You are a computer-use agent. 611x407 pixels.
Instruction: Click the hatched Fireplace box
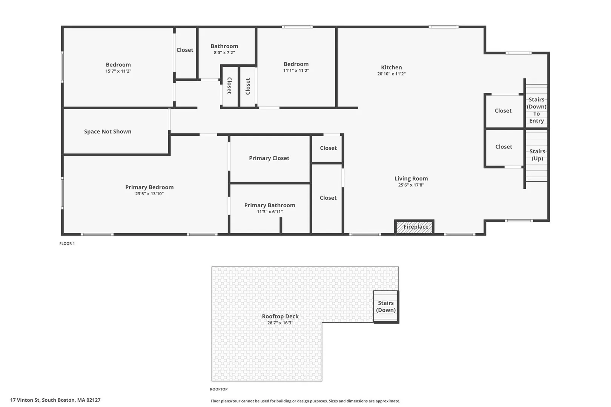click(414, 227)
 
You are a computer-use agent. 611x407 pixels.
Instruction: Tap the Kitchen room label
click(391, 67)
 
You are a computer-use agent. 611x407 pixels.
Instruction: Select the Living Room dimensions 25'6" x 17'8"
click(411, 185)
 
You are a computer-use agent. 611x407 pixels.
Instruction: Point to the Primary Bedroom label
click(149, 187)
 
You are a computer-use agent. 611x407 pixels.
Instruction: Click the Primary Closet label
click(269, 158)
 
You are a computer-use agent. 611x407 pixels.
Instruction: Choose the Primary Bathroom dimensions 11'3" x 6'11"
click(270, 211)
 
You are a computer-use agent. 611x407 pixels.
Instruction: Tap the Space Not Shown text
click(108, 132)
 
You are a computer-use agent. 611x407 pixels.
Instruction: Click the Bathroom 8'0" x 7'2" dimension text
click(224, 53)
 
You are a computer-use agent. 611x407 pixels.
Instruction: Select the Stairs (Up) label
click(537, 155)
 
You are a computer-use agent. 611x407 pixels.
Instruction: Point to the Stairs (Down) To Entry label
click(537, 110)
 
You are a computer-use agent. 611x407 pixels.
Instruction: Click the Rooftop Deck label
click(280, 316)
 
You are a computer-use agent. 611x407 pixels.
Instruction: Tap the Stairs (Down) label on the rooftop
click(386, 306)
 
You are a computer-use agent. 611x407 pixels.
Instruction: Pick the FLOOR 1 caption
click(67, 243)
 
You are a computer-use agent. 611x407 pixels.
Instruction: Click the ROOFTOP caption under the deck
click(219, 389)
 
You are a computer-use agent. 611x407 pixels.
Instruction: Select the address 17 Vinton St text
click(25, 400)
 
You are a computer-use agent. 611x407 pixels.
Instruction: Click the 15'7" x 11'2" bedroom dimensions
click(118, 71)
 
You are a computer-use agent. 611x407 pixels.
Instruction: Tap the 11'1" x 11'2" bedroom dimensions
click(296, 70)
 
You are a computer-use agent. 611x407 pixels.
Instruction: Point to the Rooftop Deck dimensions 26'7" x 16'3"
click(280, 323)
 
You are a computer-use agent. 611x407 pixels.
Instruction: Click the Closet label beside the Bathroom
click(185, 50)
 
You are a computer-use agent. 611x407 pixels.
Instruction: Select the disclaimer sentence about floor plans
click(305, 401)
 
